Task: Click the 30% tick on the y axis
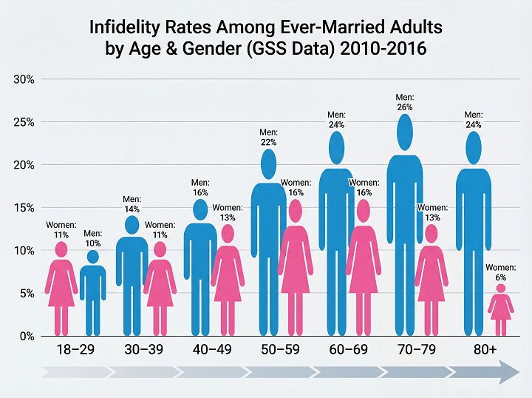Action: (x=22, y=79)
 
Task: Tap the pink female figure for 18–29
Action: (x=61, y=289)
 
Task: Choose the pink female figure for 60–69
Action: (x=363, y=266)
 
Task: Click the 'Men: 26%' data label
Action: (x=404, y=101)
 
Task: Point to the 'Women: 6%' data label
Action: (x=501, y=272)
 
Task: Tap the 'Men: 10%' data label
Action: (x=93, y=238)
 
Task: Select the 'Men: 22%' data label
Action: (x=268, y=137)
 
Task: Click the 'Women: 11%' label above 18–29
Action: (x=61, y=229)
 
